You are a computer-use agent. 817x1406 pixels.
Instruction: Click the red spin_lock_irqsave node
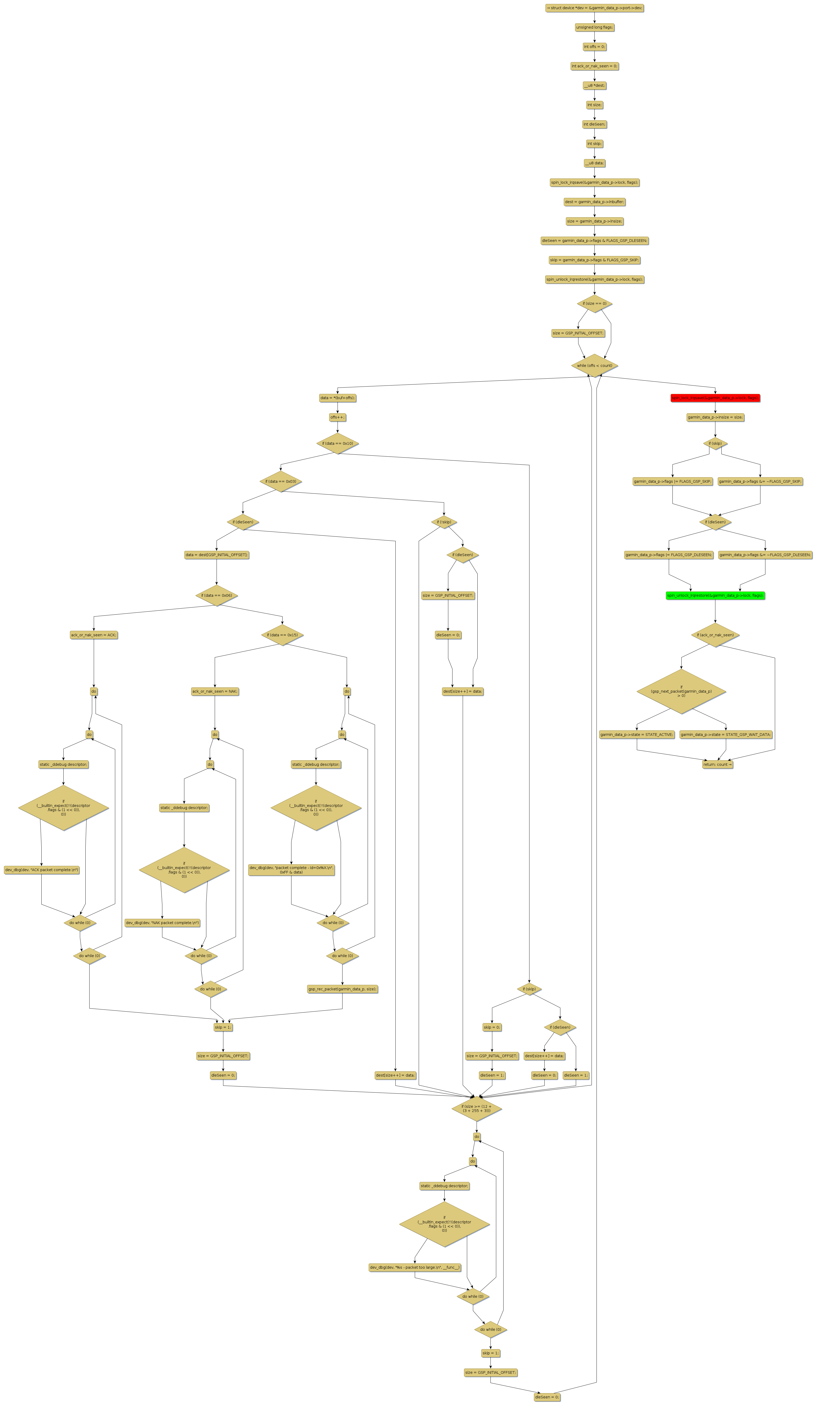(715, 398)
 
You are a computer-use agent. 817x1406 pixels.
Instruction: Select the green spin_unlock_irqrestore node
(715, 595)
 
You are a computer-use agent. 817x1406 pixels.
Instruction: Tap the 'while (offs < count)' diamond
(594, 365)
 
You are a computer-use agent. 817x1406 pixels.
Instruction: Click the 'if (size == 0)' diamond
(594, 303)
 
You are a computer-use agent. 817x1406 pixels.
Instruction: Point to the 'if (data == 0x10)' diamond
(337, 444)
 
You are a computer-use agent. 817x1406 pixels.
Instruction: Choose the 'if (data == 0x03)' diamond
(280, 481)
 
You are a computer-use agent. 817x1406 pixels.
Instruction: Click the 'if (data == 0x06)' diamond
(216, 595)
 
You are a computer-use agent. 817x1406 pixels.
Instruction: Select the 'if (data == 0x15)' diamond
(282, 635)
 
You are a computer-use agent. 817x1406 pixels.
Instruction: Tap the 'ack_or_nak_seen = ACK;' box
(94, 635)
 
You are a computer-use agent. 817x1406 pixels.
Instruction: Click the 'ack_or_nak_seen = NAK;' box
(215, 691)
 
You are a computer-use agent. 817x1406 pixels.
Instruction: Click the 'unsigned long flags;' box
(594, 27)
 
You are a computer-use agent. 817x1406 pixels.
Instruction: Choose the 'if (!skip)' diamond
(444, 522)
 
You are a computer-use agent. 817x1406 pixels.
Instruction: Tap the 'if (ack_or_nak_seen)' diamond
(715, 635)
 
